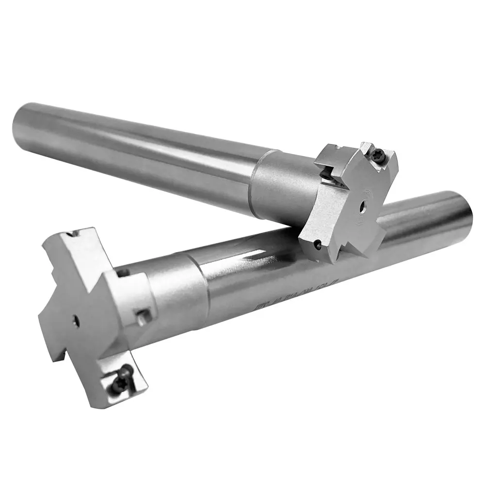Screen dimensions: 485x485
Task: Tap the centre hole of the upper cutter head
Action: (362, 207)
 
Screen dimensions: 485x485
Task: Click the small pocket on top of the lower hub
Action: (123, 273)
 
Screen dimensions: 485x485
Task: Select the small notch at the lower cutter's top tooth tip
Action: (74, 233)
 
